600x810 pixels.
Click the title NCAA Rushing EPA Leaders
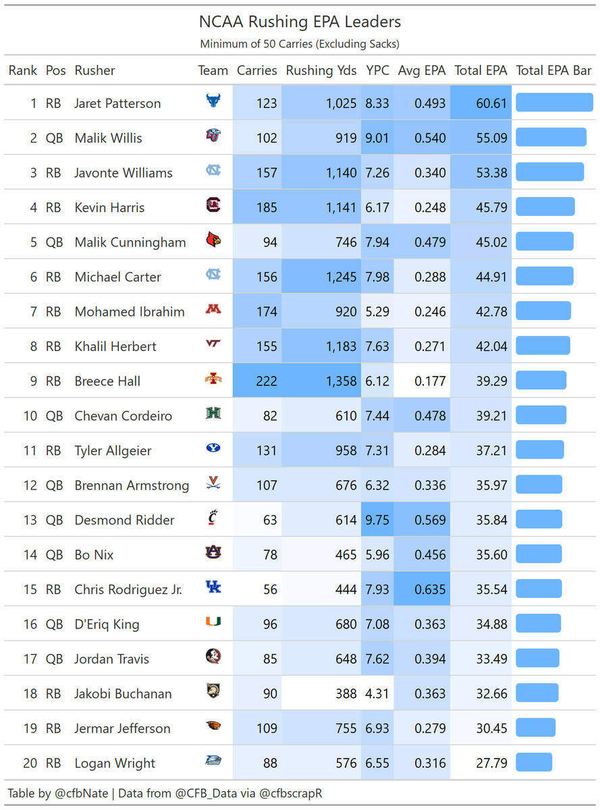point(300,22)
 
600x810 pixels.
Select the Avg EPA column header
point(422,70)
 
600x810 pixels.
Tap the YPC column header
point(377,70)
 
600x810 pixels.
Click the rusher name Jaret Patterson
point(117,103)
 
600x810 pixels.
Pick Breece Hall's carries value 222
point(267,381)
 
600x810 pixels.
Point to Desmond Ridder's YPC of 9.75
point(377,520)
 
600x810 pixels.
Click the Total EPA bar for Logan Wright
point(534,763)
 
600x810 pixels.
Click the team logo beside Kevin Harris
point(213,206)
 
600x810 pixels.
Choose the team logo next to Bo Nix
point(213,553)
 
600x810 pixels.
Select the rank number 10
point(30,416)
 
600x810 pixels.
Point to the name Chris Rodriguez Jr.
point(128,589)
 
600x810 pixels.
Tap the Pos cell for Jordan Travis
point(54,659)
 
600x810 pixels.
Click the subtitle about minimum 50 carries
point(300,45)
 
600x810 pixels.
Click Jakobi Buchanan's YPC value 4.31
point(377,693)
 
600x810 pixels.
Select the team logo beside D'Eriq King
point(213,622)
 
